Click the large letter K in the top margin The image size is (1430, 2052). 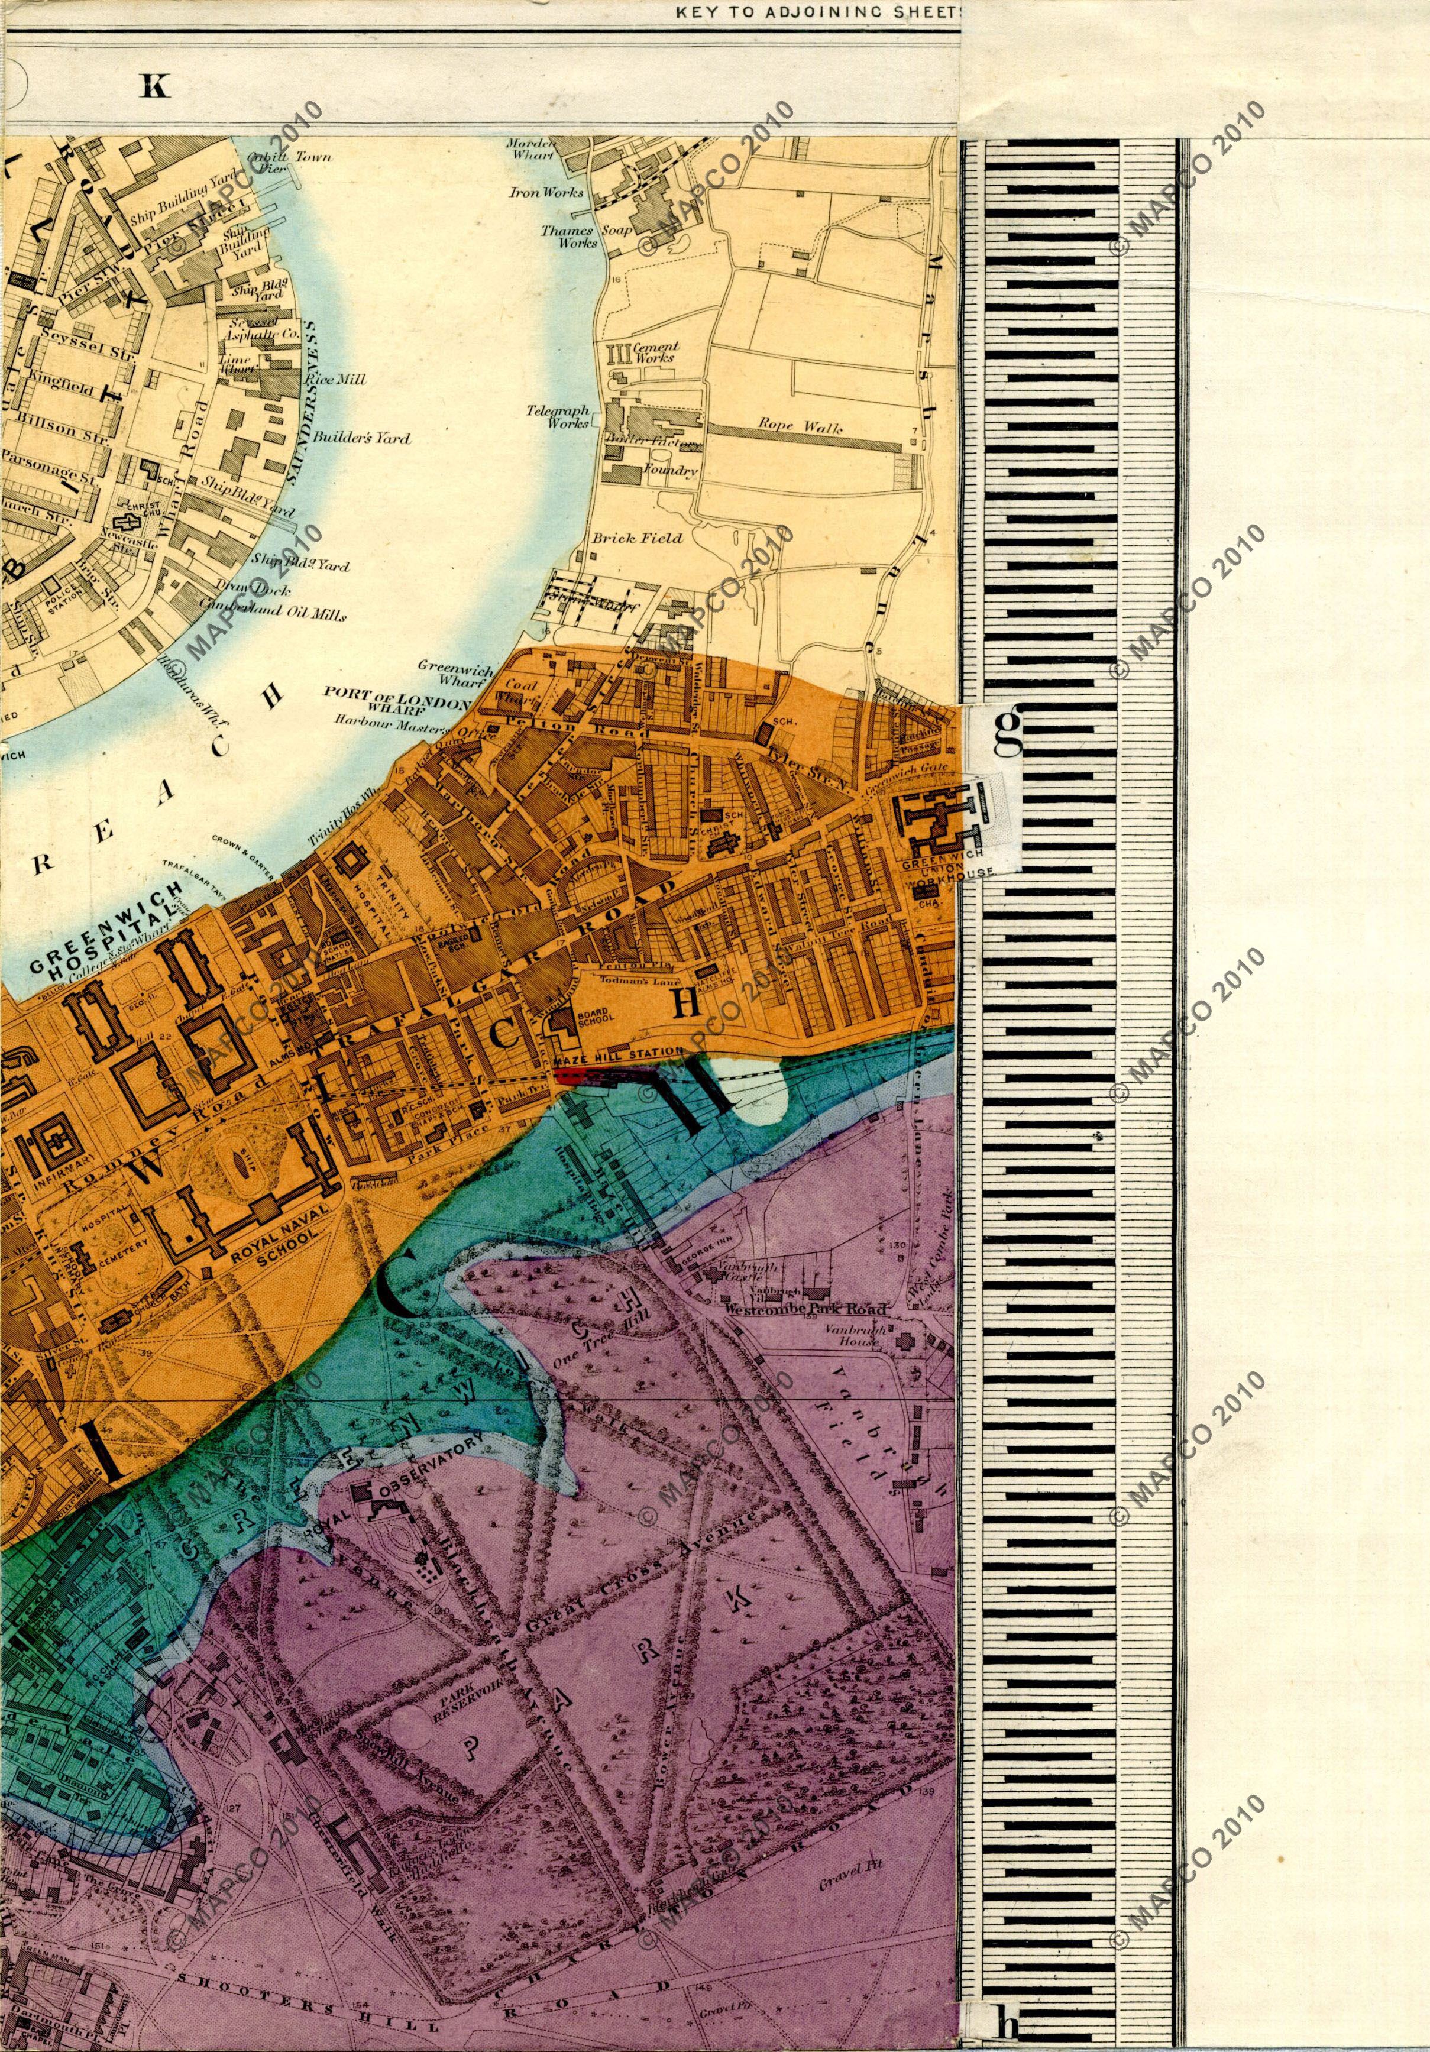pyautogui.click(x=154, y=86)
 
